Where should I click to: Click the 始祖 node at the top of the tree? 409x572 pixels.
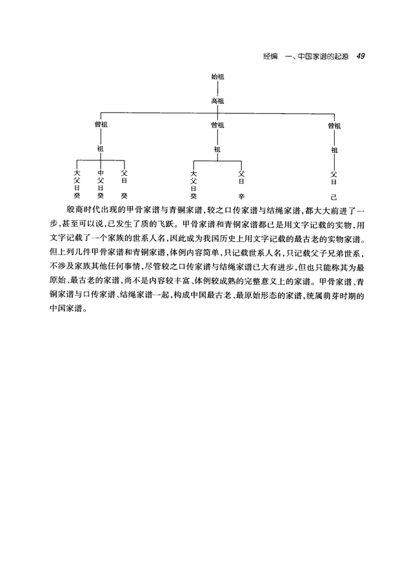pos(217,77)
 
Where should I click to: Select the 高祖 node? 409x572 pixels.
pos(217,101)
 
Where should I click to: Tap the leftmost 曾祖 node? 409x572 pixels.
pos(100,125)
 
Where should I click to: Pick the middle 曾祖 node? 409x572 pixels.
pos(217,125)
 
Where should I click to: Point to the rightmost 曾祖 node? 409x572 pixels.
pos(334,126)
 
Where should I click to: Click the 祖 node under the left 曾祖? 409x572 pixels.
pos(100,148)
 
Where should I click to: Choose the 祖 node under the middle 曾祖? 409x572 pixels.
pos(217,149)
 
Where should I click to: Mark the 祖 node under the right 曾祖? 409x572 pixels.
pos(334,149)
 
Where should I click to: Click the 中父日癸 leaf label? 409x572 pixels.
pos(100,184)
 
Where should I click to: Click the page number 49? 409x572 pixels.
pos(361,56)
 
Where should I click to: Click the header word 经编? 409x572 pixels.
pos(270,57)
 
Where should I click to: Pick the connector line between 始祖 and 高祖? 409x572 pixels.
pos(217,89)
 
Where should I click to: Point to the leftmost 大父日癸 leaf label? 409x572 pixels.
pos(77,184)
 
